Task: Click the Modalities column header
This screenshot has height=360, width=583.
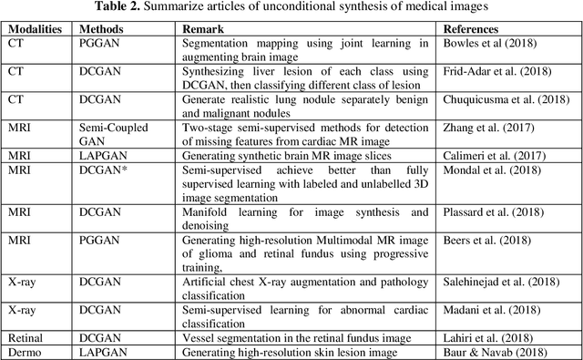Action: [x=36, y=29]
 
